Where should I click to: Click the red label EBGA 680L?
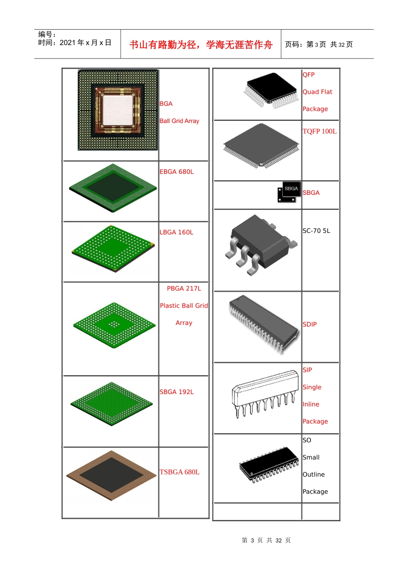[x=177, y=172]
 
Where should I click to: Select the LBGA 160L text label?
[x=176, y=232]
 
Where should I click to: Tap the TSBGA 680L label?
[x=180, y=472]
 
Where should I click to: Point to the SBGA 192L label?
[x=177, y=392]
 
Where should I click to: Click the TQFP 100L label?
[x=320, y=131]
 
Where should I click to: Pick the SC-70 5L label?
[x=316, y=231]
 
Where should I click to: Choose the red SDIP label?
[x=310, y=324]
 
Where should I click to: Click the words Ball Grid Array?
[x=180, y=121]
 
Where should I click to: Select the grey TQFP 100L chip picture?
[x=261, y=145]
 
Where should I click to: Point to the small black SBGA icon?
[x=289, y=192]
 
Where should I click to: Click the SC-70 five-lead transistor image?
[x=261, y=245]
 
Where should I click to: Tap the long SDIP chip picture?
[x=264, y=324]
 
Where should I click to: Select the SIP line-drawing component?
[x=265, y=394]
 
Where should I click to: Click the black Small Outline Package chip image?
[x=269, y=464]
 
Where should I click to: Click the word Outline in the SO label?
[x=314, y=474]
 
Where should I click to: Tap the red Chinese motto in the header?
[x=201, y=45]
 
